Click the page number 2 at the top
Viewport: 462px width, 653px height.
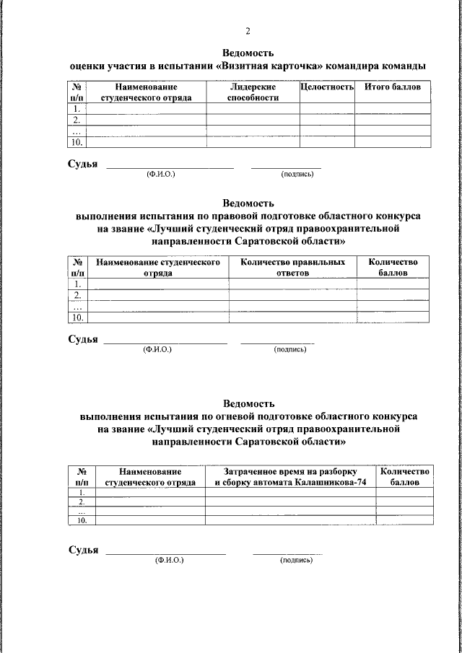coord(248,31)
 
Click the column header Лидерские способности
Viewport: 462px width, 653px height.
coord(253,92)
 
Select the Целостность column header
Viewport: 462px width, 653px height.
coord(326,87)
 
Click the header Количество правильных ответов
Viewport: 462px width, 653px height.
coord(292,268)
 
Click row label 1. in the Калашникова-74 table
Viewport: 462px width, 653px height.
coord(82,492)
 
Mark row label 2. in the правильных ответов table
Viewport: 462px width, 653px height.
coord(77,295)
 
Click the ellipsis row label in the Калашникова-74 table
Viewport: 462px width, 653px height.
coord(82,511)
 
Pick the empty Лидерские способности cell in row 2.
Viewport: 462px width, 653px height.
coord(253,120)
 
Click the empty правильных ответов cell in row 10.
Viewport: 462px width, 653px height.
coord(292,317)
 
